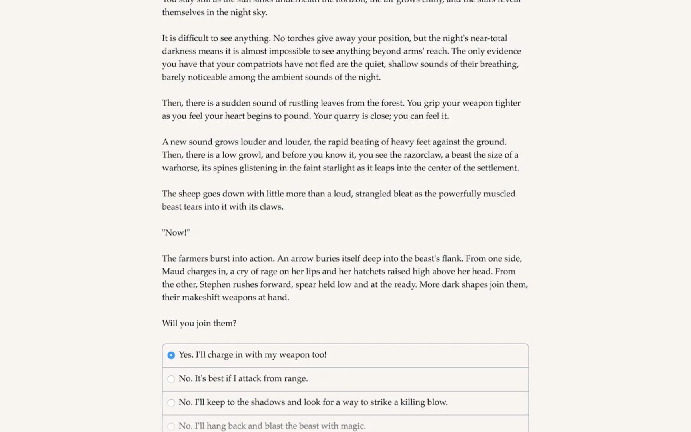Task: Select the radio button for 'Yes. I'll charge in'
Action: (171, 355)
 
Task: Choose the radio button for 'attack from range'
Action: (171, 379)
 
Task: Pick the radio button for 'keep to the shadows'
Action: (171, 402)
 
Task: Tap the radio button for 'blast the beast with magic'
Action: (171, 426)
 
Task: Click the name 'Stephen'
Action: (215, 284)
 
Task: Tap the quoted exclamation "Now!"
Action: (176, 232)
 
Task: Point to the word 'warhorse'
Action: (180, 168)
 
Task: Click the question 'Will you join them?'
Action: (199, 323)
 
